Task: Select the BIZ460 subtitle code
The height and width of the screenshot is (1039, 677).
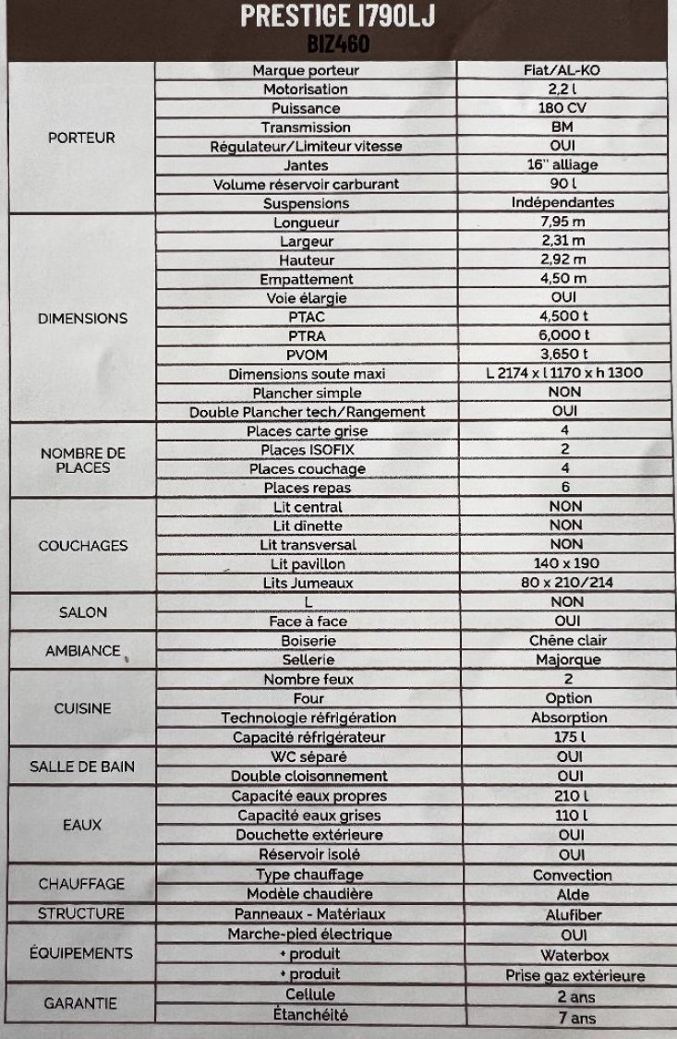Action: click(x=338, y=42)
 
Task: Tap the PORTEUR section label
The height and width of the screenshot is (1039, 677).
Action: click(x=81, y=138)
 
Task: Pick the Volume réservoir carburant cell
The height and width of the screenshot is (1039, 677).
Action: click(x=306, y=184)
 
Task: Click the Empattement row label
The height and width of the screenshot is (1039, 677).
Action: click(x=306, y=279)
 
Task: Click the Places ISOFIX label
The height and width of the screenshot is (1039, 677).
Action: click(x=306, y=450)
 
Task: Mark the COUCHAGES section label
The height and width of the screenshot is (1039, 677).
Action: click(x=82, y=546)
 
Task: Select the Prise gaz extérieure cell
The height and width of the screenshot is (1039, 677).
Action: click(x=574, y=975)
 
